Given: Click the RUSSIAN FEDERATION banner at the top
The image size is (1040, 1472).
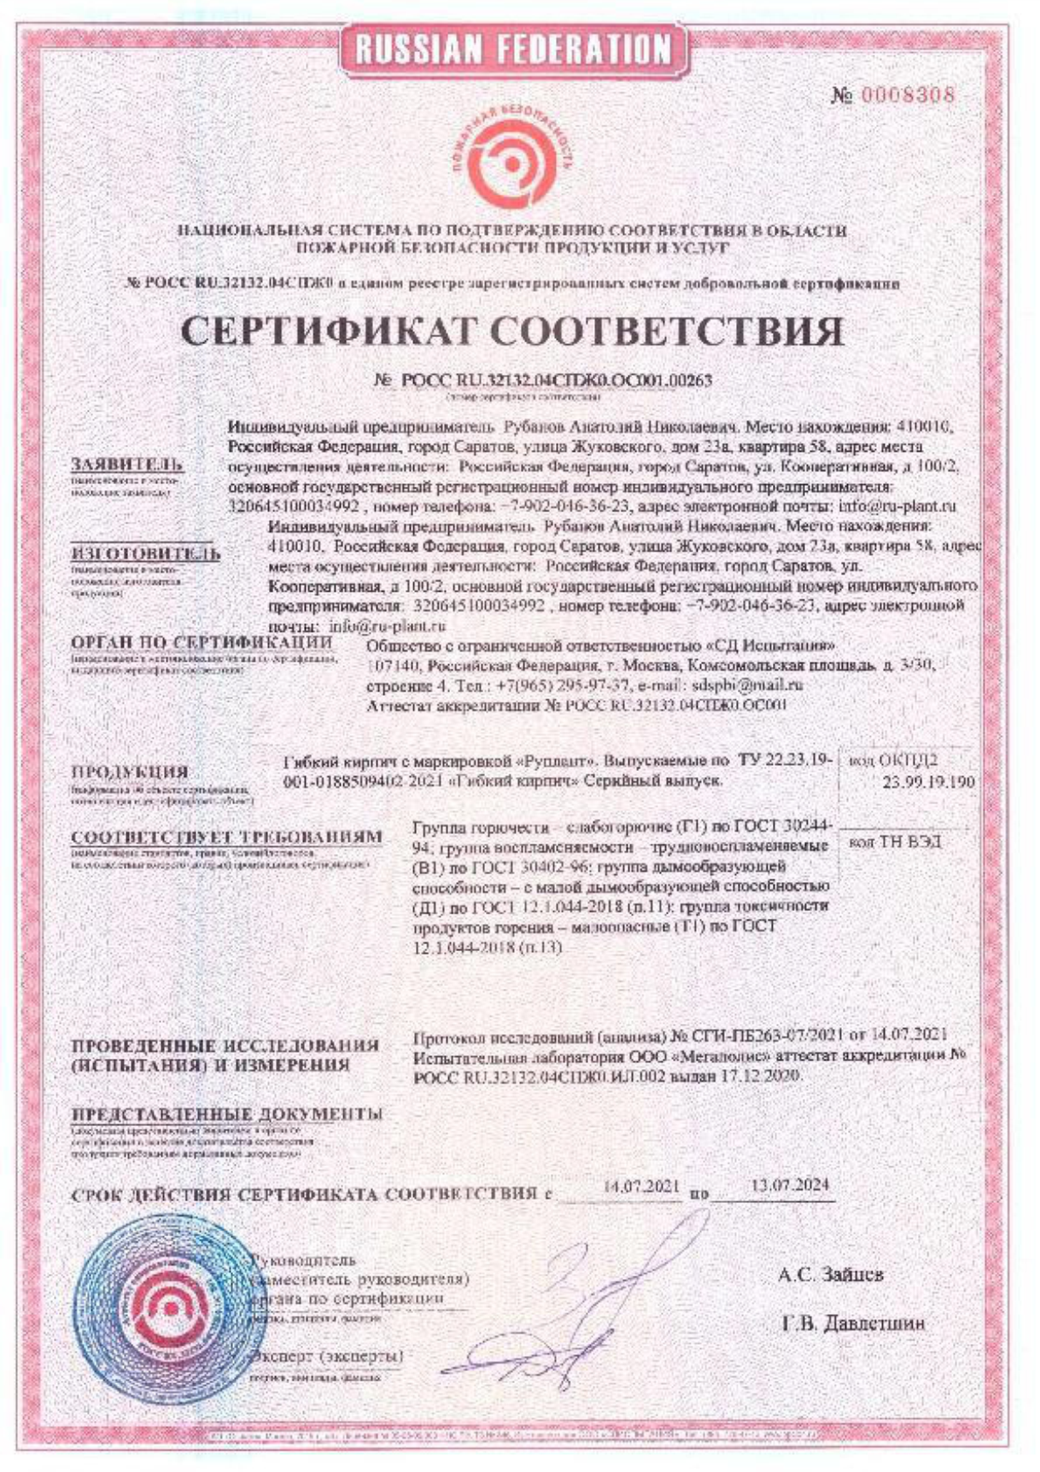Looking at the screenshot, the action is (513, 49).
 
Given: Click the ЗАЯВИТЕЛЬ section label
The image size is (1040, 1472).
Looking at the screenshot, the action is (127, 465).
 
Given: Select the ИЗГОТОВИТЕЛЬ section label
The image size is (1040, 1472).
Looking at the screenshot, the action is (145, 553).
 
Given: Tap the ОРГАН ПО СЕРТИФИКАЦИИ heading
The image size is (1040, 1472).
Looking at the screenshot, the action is (202, 642).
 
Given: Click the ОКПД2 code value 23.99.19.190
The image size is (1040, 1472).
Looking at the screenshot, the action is (928, 781).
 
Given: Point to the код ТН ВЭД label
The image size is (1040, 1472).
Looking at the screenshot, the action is (897, 842).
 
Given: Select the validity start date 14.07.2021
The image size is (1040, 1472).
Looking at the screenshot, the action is (640, 1187).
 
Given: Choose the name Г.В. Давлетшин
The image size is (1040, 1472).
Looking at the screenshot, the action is (853, 1324).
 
